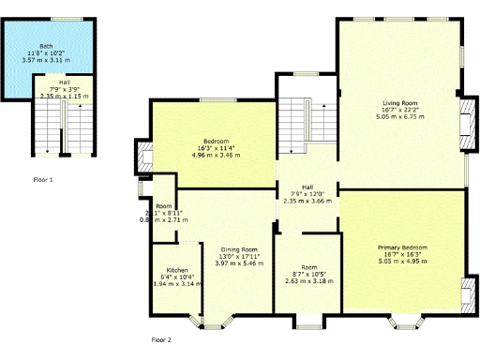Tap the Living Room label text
tap(400, 103)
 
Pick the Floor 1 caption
tap(43, 178)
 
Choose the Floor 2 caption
tap(161, 340)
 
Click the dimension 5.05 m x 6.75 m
tap(400, 118)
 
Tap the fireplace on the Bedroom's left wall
tap(145, 156)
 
